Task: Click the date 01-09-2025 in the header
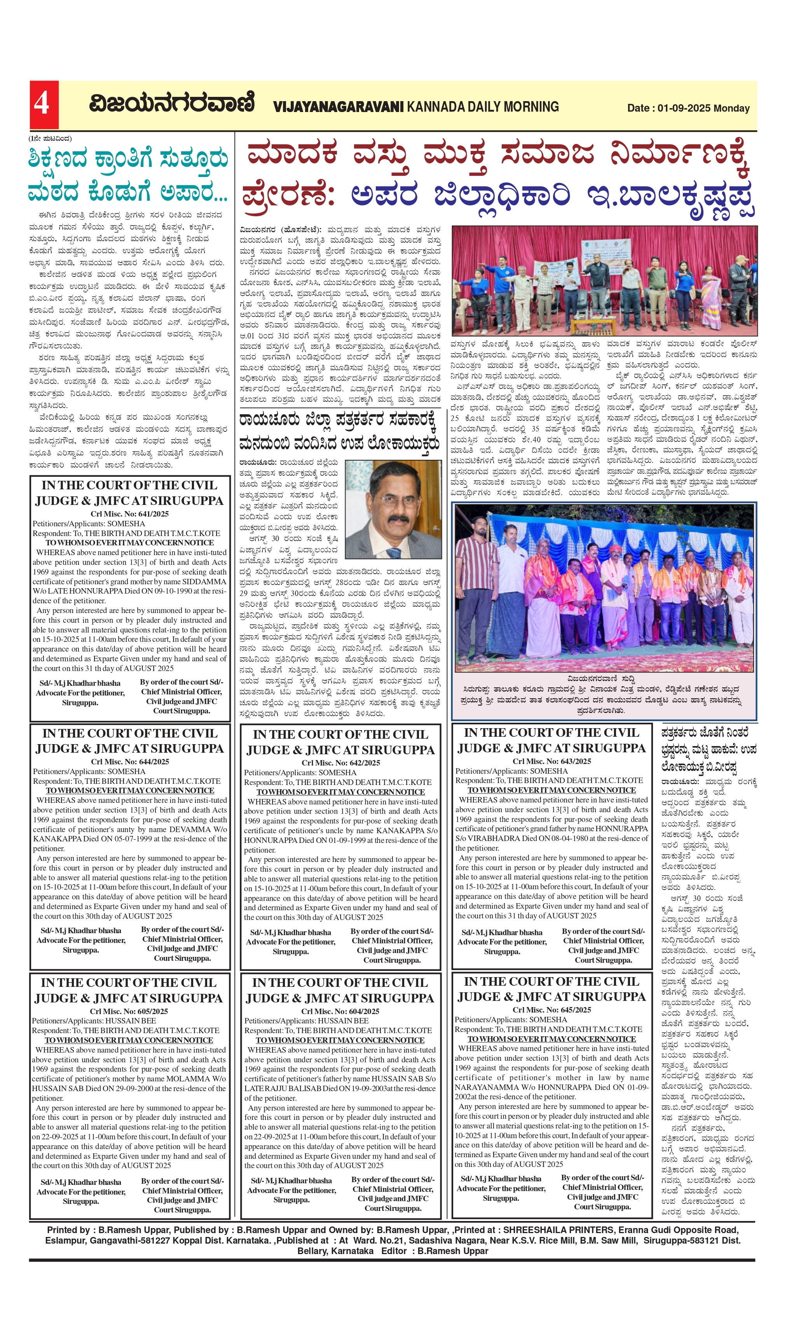point(683,108)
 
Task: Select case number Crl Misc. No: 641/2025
point(129,514)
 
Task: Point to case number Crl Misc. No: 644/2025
point(130,762)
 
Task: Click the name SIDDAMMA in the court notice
point(204,582)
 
